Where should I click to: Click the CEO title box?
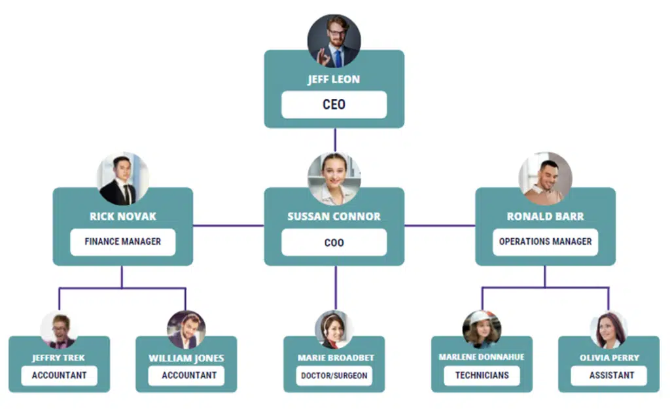click(x=334, y=105)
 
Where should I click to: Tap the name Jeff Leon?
click(x=334, y=80)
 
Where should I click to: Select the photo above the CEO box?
click(x=334, y=41)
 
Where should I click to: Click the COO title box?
click(x=334, y=242)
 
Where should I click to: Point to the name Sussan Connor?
click(x=334, y=217)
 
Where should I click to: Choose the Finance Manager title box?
click(x=122, y=241)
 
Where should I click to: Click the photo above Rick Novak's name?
click(x=122, y=179)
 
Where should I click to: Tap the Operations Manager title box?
click(x=545, y=241)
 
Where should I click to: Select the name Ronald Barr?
click(x=545, y=217)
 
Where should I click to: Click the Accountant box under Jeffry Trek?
click(x=59, y=376)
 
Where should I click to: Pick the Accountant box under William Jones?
click(x=186, y=376)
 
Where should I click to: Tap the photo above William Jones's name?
click(x=186, y=329)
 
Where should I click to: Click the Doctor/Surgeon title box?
click(x=334, y=376)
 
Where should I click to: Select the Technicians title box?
click(x=482, y=376)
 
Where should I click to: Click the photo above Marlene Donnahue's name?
click(x=482, y=329)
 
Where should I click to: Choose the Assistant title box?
click(x=608, y=376)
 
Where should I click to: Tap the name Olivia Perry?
click(x=608, y=358)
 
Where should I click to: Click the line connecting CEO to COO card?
click(x=334, y=140)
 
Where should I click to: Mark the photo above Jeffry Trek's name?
click(x=59, y=329)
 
